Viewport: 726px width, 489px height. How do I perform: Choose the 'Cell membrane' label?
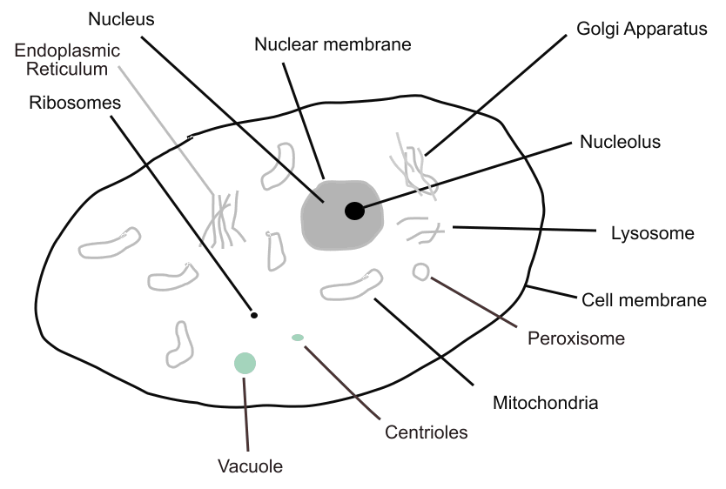pyautogui.click(x=643, y=300)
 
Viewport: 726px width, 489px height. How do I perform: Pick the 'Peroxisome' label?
pyautogui.click(x=576, y=338)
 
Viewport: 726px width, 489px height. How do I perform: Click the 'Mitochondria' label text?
pyautogui.click(x=545, y=403)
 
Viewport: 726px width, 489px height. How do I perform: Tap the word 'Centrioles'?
pyautogui.click(x=426, y=432)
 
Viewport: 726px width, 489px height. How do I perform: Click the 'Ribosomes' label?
pyautogui.click(x=74, y=103)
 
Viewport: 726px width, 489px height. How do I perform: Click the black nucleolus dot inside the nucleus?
pyautogui.click(x=354, y=211)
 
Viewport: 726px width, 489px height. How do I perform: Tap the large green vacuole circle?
pyautogui.click(x=245, y=363)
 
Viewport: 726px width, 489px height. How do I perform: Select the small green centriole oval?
pyautogui.click(x=298, y=337)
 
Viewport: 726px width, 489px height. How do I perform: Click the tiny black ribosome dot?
pyautogui.click(x=254, y=315)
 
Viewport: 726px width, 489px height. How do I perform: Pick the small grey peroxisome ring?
pyautogui.click(x=420, y=272)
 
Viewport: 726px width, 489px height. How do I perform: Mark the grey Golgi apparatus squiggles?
pyautogui.click(x=413, y=165)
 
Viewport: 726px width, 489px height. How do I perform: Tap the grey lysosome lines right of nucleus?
pyautogui.click(x=420, y=231)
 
